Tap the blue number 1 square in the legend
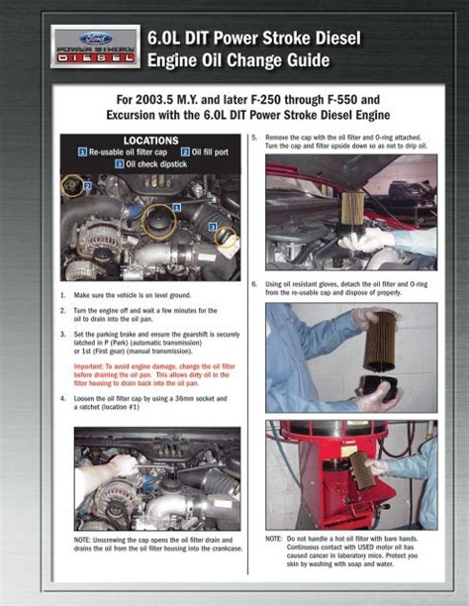point(82,153)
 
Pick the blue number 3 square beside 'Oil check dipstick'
point(119,164)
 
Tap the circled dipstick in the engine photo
point(227,239)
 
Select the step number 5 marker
point(255,136)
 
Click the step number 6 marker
point(255,284)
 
